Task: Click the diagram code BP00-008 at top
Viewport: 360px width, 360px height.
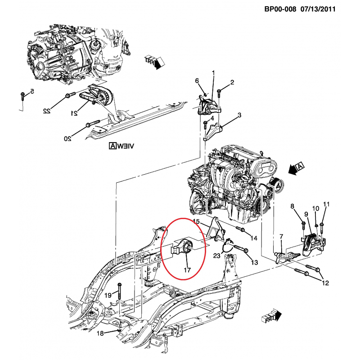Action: click(279, 9)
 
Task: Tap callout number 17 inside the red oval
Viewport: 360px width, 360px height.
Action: click(187, 270)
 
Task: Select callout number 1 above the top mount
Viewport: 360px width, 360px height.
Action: click(213, 72)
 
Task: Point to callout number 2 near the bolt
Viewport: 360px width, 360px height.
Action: click(232, 82)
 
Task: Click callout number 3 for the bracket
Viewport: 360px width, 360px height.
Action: click(239, 115)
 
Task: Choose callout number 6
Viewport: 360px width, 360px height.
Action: click(197, 81)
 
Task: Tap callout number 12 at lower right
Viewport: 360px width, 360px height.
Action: click(325, 283)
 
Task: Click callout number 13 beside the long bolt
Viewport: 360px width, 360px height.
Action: click(254, 262)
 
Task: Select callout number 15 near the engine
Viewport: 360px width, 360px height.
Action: click(196, 221)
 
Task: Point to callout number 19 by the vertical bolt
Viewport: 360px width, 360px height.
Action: click(108, 295)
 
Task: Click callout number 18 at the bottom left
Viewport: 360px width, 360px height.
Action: click(100, 333)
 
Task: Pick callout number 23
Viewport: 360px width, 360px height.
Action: click(216, 256)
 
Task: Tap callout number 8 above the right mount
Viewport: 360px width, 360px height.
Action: click(292, 207)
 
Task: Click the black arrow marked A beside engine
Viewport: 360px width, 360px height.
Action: click(297, 168)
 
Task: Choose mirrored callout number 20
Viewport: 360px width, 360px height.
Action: click(67, 138)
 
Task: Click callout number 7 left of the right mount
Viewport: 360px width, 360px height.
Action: click(281, 236)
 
